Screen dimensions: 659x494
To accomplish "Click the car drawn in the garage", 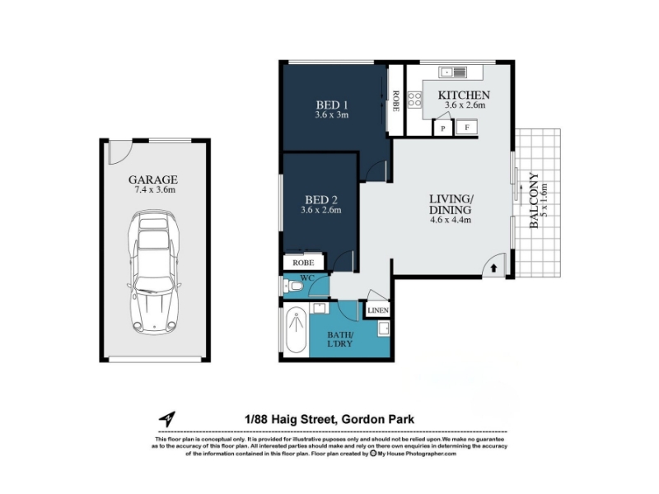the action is click(x=154, y=273).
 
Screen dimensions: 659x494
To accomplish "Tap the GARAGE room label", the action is click(x=153, y=179).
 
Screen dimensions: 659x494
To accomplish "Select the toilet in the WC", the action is click(x=293, y=287).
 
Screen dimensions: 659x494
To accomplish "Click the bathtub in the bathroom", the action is click(x=296, y=331).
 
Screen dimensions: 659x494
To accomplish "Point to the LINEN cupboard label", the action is click(x=378, y=310).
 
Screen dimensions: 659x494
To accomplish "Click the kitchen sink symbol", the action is click(x=453, y=72).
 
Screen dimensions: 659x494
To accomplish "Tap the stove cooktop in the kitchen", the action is click(x=414, y=100).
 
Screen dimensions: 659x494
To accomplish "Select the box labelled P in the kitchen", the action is click(x=442, y=128).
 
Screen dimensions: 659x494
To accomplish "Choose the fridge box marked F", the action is click(x=467, y=128).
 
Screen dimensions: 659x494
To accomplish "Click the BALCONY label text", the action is click(x=534, y=200).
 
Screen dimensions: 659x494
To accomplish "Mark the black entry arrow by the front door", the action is click(x=493, y=268).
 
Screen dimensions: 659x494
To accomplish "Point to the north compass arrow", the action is click(x=167, y=418).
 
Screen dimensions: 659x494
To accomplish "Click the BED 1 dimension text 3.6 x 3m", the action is click(x=332, y=114).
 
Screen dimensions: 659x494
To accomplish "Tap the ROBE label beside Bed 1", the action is click(x=395, y=101).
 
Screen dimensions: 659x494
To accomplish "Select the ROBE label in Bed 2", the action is click(x=303, y=263).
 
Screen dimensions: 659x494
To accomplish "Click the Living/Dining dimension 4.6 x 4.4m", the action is click(x=450, y=219).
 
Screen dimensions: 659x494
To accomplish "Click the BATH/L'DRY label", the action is click(x=340, y=339).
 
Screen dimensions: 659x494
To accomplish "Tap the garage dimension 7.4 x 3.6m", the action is click(x=154, y=190).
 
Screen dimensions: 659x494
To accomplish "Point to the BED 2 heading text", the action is click(x=321, y=200).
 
